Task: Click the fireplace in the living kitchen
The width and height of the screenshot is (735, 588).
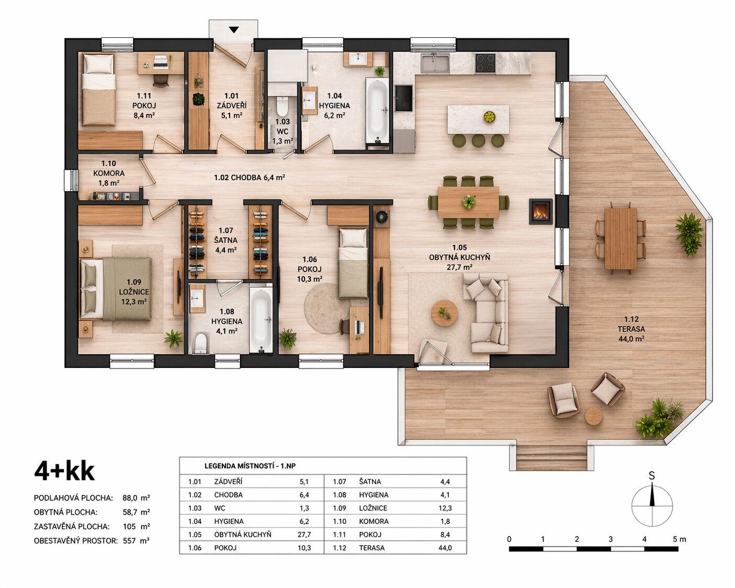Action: [541, 211]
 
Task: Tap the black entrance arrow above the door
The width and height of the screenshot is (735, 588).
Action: [234, 30]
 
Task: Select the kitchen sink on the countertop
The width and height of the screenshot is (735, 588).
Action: [435, 63]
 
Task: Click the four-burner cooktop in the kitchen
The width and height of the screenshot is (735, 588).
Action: [485, 63]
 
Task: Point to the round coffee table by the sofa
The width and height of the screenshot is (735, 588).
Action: [445, 313]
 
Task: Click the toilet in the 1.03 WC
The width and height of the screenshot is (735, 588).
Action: [282, 106]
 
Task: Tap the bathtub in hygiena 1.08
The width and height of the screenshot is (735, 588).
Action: [261, 319]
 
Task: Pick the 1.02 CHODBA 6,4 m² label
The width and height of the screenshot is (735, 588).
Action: [250, 178]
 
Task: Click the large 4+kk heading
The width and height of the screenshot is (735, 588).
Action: [64, 472]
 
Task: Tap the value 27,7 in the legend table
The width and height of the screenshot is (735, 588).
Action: [304, 535]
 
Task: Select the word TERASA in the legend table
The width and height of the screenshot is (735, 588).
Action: [372, 548]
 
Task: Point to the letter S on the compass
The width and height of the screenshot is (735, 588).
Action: [652, 476]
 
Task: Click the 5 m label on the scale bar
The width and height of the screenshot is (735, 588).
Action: [679, 539]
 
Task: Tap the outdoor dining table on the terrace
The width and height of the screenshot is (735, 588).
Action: [621, 238]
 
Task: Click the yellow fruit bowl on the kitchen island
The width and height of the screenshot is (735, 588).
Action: [490, 117]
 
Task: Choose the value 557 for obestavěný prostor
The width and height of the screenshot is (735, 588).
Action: [129, 540]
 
